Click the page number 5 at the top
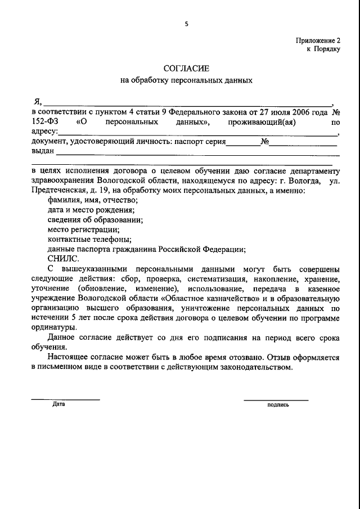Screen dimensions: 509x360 click(x=186, y=24)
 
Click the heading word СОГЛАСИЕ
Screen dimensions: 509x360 click(x=186, y=68)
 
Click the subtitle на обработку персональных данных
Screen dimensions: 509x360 click(x=186, y=80)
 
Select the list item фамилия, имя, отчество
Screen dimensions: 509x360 click(x=93, y=201)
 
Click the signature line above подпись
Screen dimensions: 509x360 click(x=276, y=400)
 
